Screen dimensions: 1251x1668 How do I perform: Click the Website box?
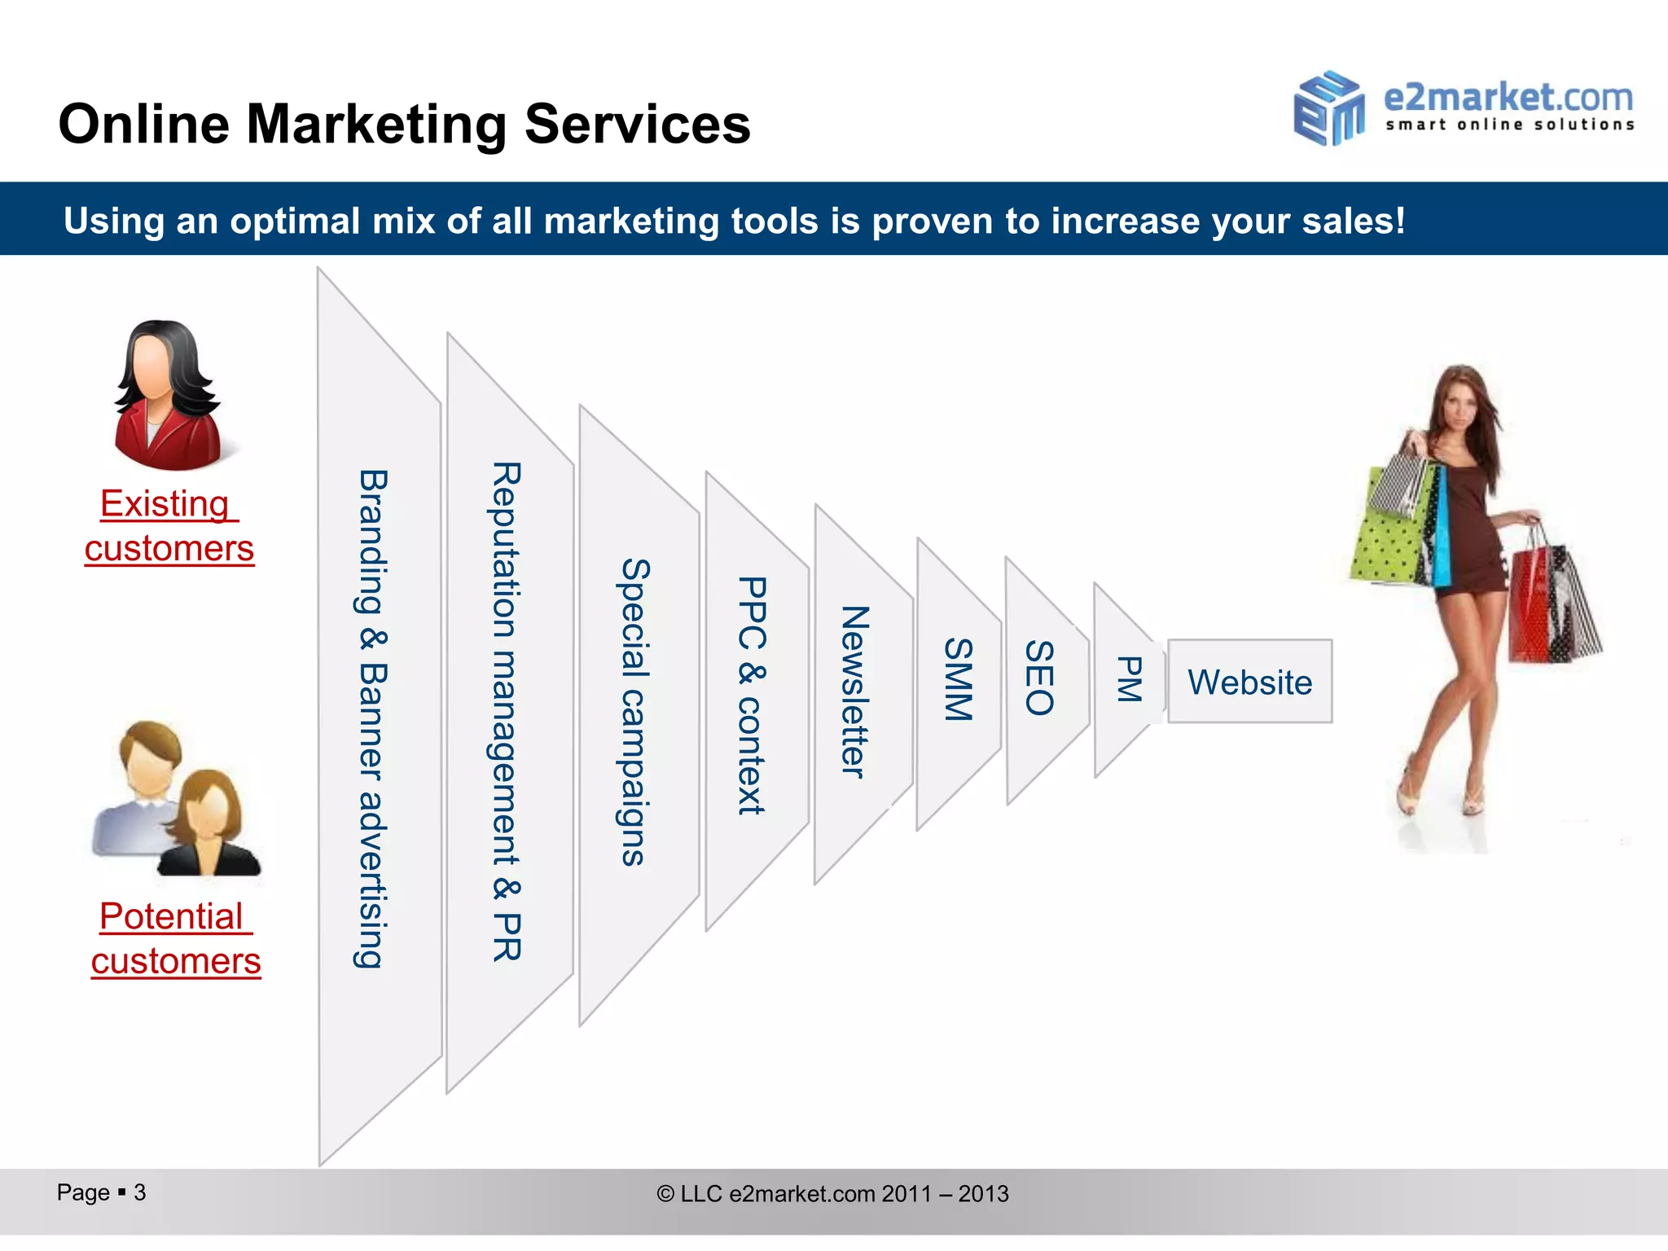pyautogui.click(x=1249, y=682)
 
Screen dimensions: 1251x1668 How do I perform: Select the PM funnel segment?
pyautogui.click(x=1128, y=679)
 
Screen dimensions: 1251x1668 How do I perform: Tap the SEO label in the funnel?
pyautogui.click(x=1039, y=678)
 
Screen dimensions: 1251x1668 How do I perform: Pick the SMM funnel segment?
pyautogui.click(x=958, y=679)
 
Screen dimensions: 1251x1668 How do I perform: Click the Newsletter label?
pyautogui.click(x=854, y=691)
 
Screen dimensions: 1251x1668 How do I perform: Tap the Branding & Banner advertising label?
pyautogui.click(x=372, y=718)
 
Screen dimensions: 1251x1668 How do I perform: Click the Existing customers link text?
pyautogui.click(x=169, y=525)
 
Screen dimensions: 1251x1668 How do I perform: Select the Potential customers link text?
pyautogui.click(x=176, y=938)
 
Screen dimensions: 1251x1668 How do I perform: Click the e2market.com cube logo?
pyautogui.click(x=1328, y=108)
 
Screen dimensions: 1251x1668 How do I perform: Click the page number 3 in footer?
pyautogui.click(x=139, y=1192)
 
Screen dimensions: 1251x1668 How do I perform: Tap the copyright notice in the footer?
pyautogui.click(x=832, y=1194)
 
